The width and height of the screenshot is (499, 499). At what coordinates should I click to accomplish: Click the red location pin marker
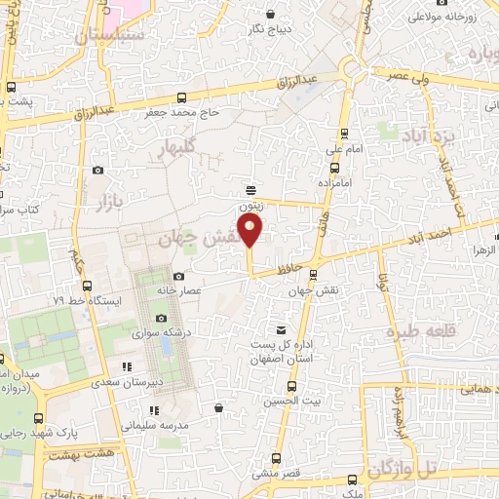tap(251, 230)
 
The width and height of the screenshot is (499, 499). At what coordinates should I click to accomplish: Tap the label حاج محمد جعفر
tap(220, 113)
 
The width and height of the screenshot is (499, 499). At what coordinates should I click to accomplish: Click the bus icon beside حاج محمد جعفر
tap(182, 97)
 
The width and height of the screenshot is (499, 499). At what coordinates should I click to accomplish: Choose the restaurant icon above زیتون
tap(251, 190)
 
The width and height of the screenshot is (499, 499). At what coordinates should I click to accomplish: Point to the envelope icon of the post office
tap(283, 331)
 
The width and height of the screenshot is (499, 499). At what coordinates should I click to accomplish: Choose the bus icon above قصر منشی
tap(276, 458)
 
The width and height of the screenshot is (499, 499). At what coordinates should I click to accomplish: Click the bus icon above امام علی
tap(342, 134)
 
